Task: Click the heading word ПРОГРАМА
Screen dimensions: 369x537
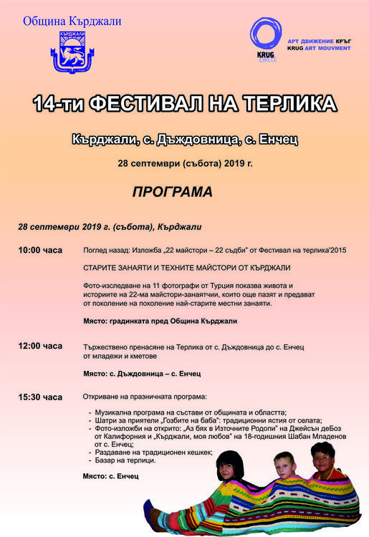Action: [x=172, y=192]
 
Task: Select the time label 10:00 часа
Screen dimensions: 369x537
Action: [x=40, y=251]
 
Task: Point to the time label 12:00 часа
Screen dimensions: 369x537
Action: [x=40, y=346]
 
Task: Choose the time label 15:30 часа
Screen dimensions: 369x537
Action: [x=40, y=397]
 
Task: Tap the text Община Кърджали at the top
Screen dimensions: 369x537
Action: [x=72, y=21]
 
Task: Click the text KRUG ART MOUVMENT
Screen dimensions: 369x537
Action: [x=319, y=49]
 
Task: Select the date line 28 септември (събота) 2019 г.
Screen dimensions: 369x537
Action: [x=185, y=163]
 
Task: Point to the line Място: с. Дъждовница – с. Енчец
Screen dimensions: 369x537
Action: [x=141, y=374]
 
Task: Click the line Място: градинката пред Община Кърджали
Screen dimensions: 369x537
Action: [x=160, y=321]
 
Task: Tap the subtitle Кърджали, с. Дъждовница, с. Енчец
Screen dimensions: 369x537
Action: [x=185, y=137]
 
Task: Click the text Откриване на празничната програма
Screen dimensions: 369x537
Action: [x=144, y=397]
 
